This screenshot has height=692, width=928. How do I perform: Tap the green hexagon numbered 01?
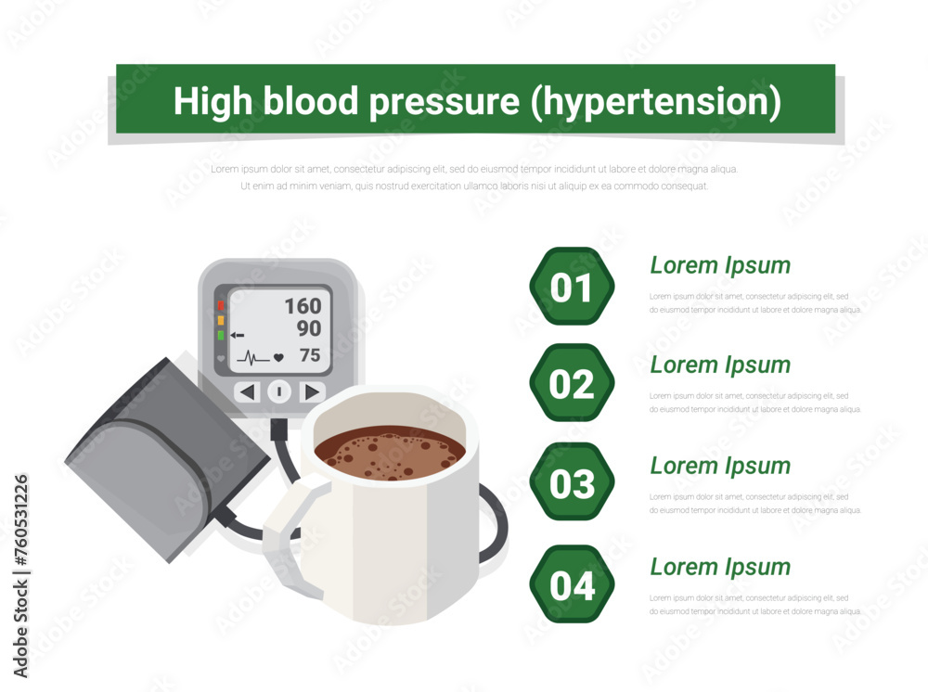[572, 288]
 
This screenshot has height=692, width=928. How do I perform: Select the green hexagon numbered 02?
[572, 384]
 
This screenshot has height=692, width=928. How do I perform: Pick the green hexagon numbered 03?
[572, 483]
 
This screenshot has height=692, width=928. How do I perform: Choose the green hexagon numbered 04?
[572, 585]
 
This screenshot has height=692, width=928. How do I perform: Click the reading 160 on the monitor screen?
[303, 306]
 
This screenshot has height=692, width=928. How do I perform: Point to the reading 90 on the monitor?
[309, 329]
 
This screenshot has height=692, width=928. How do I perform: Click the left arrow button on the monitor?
[247, 391]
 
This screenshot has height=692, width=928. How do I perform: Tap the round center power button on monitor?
[279, 391]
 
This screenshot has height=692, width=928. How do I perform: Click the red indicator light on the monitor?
[221, 305]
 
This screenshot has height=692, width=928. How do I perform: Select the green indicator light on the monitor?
[221, 335]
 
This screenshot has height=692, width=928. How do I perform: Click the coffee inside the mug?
[390, 452]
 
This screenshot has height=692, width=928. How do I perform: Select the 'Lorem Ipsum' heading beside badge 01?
[720, 265]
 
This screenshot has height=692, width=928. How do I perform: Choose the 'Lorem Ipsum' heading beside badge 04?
[720, 567]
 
